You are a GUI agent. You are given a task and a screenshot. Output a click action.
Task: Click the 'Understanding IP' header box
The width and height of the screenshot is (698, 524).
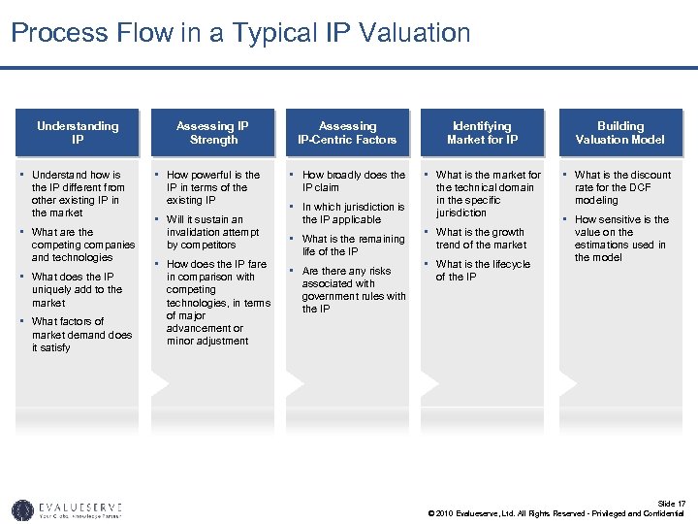point(78,132)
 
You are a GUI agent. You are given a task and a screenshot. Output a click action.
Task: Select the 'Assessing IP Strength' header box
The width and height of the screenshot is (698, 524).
point(213,132)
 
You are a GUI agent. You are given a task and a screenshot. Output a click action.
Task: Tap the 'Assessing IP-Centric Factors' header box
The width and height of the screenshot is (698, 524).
point(347,132)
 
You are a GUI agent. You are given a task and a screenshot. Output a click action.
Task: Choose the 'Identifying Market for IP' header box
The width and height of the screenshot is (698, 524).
point(482,132)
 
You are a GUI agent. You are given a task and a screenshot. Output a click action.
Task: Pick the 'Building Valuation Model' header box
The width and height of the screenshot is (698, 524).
point(619,132)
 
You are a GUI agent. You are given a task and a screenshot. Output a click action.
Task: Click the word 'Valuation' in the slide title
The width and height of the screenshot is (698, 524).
point(414,33)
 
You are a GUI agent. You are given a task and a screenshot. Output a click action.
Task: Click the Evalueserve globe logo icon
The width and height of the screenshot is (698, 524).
point(22,509)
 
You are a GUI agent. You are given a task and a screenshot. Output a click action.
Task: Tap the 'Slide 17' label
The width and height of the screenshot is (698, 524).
point(673,503)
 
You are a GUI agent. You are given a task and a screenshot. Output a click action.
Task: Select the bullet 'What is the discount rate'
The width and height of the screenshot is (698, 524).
point(622,187)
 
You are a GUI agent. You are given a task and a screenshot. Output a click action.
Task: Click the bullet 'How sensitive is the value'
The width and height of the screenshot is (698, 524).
point(621,239)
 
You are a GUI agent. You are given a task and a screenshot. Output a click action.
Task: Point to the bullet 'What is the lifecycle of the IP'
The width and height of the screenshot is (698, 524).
point(483,270)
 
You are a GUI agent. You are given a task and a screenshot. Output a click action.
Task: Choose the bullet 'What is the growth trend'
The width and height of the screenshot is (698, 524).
point(481,239)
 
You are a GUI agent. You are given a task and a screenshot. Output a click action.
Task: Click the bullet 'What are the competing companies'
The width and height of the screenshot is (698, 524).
point(82,245)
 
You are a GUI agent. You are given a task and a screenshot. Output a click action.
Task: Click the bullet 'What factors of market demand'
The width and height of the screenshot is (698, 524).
point(81,334)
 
